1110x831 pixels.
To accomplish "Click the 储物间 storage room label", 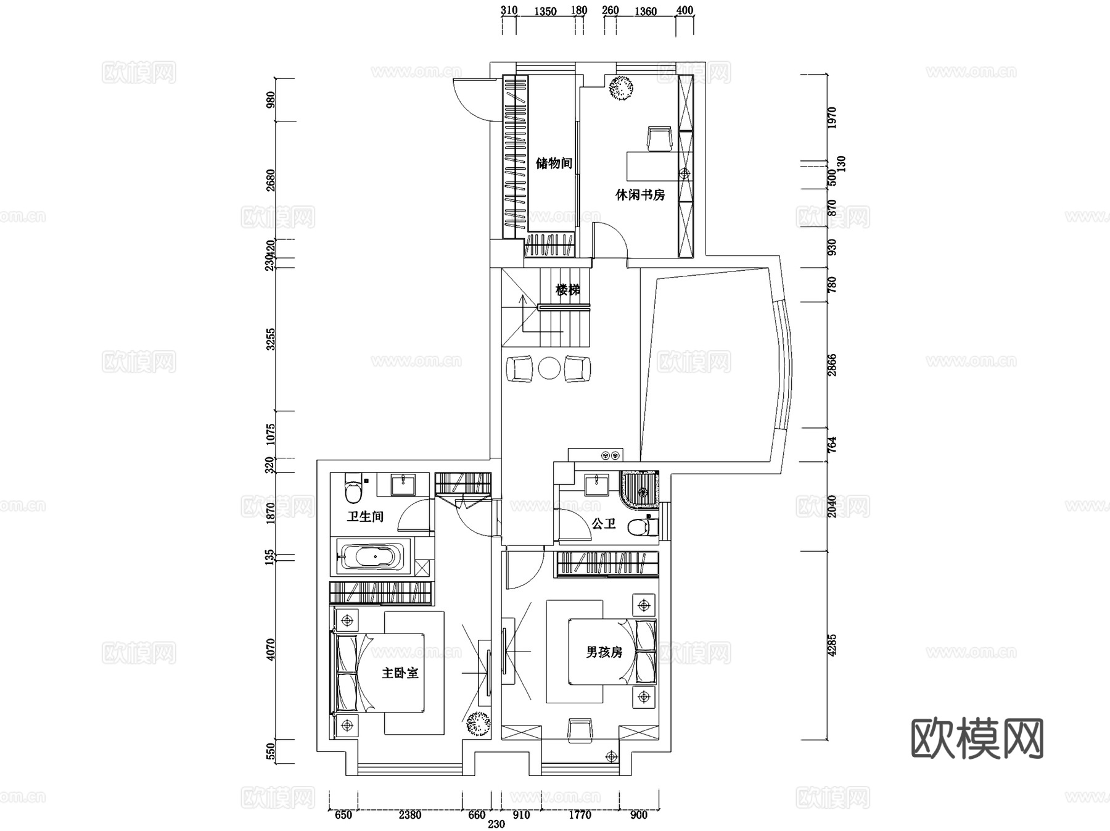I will (x=554, y=163).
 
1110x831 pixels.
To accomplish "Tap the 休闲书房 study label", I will (x=640, y=195).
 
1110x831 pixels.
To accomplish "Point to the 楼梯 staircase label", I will (x=567, y=290).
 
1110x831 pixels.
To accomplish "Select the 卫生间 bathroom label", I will (x=365, y=516).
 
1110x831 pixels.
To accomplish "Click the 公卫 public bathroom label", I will (x=604, y=524).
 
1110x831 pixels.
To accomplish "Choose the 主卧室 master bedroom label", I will (x=400, y=673).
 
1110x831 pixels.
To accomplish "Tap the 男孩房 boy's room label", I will (x=604, y=652).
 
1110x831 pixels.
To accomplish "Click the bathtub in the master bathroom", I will (x=369, y=557).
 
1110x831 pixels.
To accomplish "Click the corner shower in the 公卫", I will (x=641, y=491).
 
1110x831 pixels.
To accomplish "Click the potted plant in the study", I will (x=621, y=87).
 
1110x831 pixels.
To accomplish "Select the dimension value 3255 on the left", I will (x=271, y=339).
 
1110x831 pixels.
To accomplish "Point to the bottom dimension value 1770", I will (x=580, y=815).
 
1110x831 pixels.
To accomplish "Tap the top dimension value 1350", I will (x=545, y=11).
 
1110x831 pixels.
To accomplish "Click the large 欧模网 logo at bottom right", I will (x=977, y=738).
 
